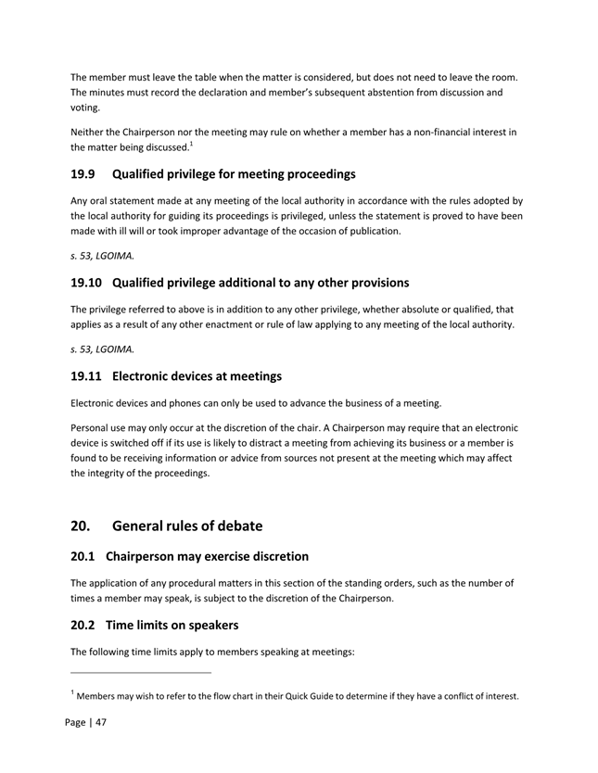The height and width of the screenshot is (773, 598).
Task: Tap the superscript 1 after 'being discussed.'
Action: (x=191, y=143)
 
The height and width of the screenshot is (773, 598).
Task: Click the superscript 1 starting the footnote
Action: (x=73, y=691)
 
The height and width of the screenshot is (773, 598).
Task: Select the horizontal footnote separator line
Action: (x=141, y=673)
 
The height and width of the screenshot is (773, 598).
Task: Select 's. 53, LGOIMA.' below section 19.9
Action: (x=102, y=255)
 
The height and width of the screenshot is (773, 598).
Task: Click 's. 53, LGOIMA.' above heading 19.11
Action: (x=102, y=348)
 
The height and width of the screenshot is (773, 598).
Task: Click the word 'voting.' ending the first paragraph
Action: (x=85, y=108)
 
